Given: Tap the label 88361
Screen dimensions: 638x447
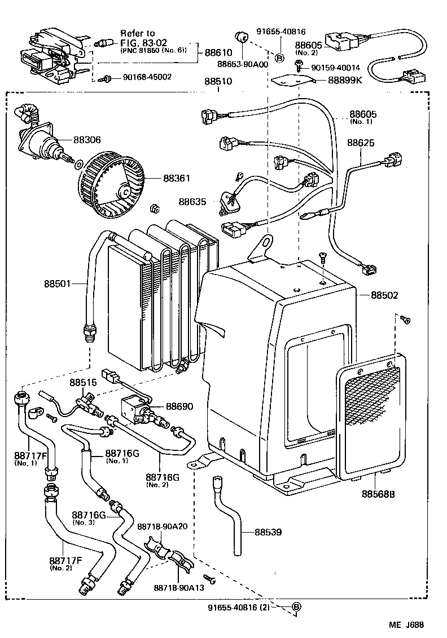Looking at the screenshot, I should [x=177, y=178].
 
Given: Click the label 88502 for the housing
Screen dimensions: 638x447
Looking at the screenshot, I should [x=385, y=295].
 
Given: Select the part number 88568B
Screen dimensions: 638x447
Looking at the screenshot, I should [x=378, y=494].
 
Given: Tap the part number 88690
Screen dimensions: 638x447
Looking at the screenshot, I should [x=179, y=406].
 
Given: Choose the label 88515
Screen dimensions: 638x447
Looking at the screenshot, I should [x=84, y=382].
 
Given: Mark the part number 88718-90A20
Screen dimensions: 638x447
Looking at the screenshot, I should [x=162, y=526].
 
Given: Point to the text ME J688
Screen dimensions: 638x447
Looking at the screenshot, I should [x=405, y=624].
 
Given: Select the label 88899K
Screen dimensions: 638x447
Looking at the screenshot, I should [x=345, y=81].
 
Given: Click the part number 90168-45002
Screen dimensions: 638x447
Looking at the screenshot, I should [x=147, y=77].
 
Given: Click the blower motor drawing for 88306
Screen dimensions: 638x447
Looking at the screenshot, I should [x=41, y=139].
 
